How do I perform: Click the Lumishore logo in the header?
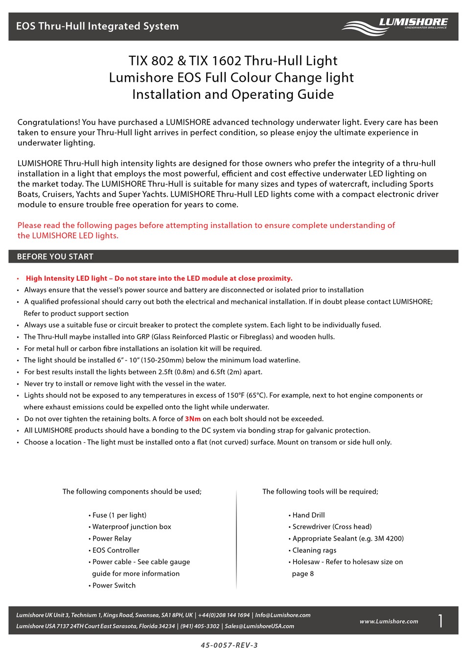coord(395,26)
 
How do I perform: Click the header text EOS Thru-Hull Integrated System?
coord(97,26)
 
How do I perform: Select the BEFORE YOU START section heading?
coord(55,256)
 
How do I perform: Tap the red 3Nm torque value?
coord(192,419)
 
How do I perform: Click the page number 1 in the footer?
coord(441,621)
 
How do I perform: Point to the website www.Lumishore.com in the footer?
coord(389,621)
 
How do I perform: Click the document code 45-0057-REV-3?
coord(229,645)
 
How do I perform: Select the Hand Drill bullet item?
coord(308,515)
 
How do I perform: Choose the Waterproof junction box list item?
coord(132,527)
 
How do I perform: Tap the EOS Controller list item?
coord(116,550)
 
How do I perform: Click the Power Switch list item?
coord(114,586)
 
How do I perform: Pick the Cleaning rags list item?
coord(314,550)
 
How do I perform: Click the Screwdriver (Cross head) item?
coord(332,527)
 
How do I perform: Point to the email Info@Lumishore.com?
coord(282,615)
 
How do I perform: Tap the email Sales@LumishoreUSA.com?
coord(259,626)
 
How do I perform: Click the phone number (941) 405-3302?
coord(200,626)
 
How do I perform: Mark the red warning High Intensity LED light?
coord(67,278)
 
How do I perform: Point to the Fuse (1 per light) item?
coord(119,515)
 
